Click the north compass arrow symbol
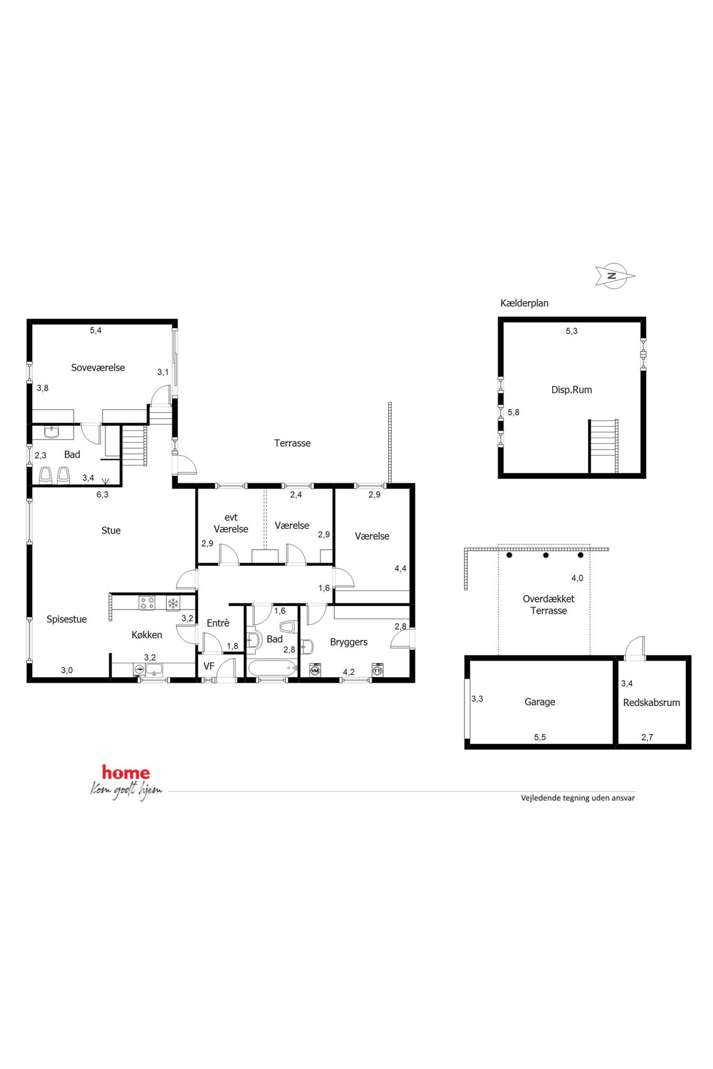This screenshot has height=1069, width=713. point(615,276)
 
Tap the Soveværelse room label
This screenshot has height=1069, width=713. point(98,368)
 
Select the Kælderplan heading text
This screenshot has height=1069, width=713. point(524,303)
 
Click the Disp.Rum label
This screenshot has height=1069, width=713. point(571,389)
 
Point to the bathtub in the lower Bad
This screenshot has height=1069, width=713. point(271,668)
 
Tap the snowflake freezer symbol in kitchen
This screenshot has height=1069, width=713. point(173,603)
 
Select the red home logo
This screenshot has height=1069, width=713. point(125,772)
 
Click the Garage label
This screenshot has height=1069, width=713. point(540,702)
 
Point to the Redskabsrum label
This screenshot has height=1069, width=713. point(651,703)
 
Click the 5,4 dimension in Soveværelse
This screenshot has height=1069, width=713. point(96,330)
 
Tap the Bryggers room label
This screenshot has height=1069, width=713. point(349,642)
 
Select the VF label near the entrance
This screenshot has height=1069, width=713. point(209,666)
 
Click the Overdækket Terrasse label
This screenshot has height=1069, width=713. point(548,605)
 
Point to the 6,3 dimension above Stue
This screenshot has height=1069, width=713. point(102,495)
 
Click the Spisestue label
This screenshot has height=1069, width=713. point(66,619)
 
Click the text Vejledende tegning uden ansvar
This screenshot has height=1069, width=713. point(578,798)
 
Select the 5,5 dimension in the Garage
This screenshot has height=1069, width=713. point(540,737)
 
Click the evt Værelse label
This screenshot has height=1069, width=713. point(231,523)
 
